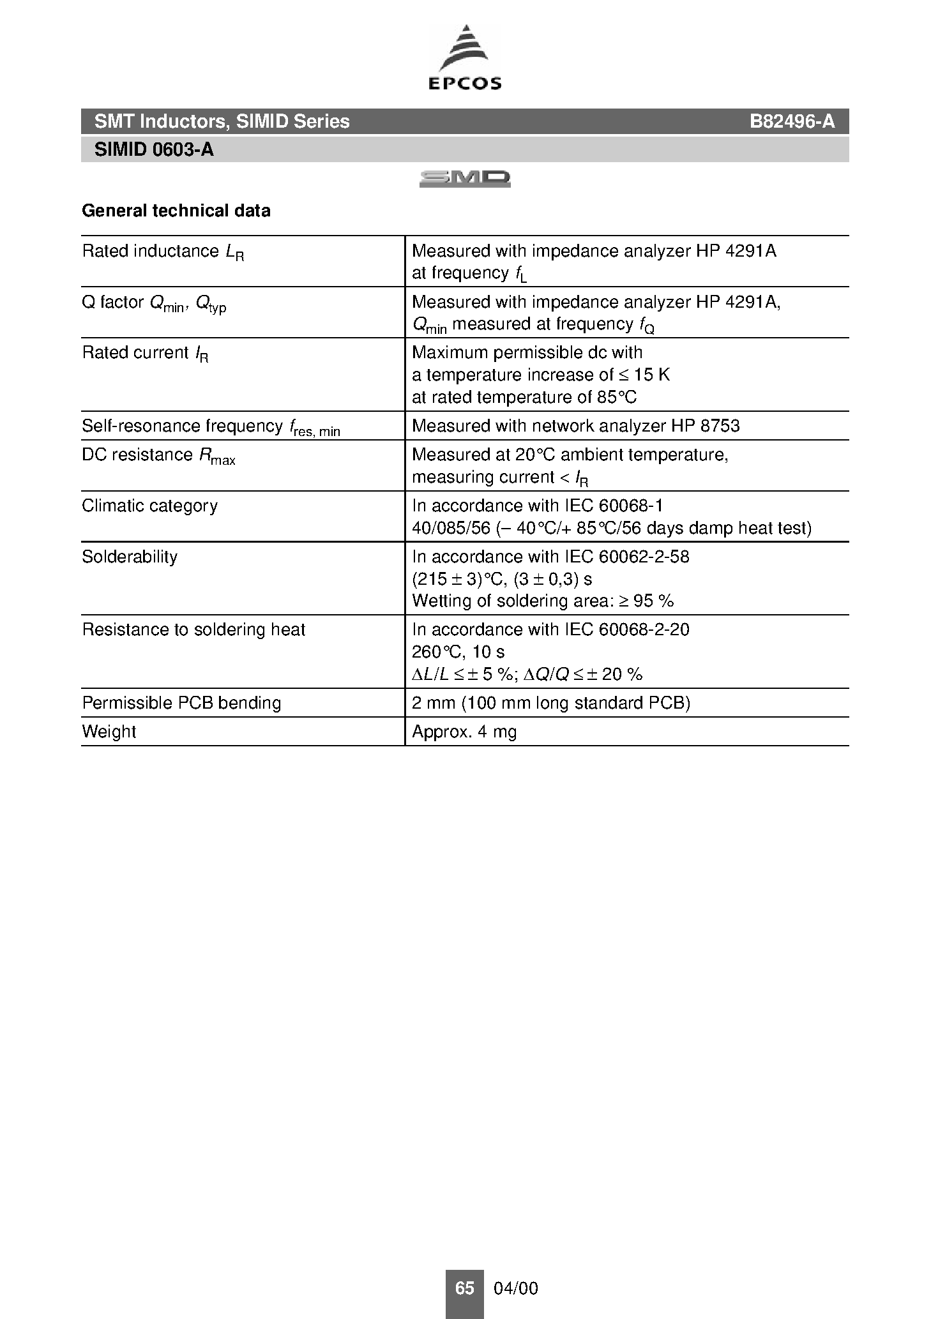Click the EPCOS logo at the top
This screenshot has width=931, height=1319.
(465, 57)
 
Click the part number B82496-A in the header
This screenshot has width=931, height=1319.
(792, 121)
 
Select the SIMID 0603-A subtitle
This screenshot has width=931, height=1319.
(154, 149)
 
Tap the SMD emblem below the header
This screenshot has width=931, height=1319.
(465, 179)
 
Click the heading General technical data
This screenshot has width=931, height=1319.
(176, 211)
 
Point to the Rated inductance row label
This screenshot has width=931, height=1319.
(163, 252)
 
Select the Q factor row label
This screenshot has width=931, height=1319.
(154, 303)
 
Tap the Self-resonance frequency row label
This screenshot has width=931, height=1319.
(211, 426)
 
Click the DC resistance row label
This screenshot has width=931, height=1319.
(158, 455)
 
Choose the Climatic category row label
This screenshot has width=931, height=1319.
(149, 506)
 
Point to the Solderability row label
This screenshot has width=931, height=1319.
(130, 557)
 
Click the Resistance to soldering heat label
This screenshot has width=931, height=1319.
(193, 629)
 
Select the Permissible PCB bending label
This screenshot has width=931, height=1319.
(181, 703)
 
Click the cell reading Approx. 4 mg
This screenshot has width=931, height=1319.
(464, 732)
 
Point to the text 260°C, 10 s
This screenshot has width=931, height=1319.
(458, 652)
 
